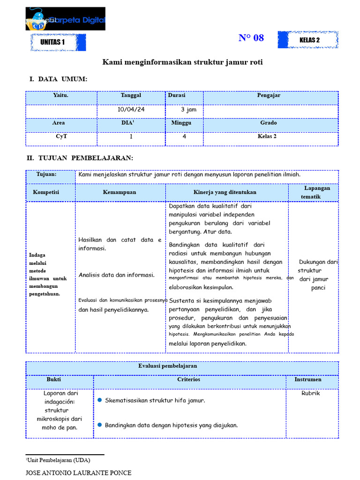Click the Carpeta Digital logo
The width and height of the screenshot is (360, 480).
pyautogui.click(x=65, y=19)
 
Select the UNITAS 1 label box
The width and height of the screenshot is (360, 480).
pyautogui.click(x=58, y=42)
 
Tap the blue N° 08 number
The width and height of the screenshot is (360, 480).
pyautogui.click(x=251, y=38)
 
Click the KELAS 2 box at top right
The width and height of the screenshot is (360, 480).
pyautogui.click(x=308, y=40)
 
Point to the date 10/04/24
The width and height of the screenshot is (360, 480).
pyautogui.click(x=131, y=110)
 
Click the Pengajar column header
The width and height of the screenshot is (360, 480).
pyautogui.click(x=269, y=95)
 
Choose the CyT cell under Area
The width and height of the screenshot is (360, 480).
pyautogui.click(x=61, y=136)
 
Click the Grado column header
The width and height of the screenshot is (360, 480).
pyautogui.click(x=269, y=123)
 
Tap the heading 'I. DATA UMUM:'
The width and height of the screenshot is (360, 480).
pyautogui.click(x=58, y=79)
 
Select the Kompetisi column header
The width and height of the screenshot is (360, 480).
pyautogui.click(x=46, y=192)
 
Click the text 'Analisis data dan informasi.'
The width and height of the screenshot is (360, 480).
pyautogui.click(x=116, y=275)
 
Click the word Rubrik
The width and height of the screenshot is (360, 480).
pyautogui.click(x=311, y=393)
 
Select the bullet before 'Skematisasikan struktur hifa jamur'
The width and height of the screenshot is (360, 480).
pyautogui.click(x=100, y=400)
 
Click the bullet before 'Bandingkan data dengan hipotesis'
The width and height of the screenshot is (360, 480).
pyautogui.click(x=100, y=425)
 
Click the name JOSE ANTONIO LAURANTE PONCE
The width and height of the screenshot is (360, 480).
pyautogui.click(x=78, y=472)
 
